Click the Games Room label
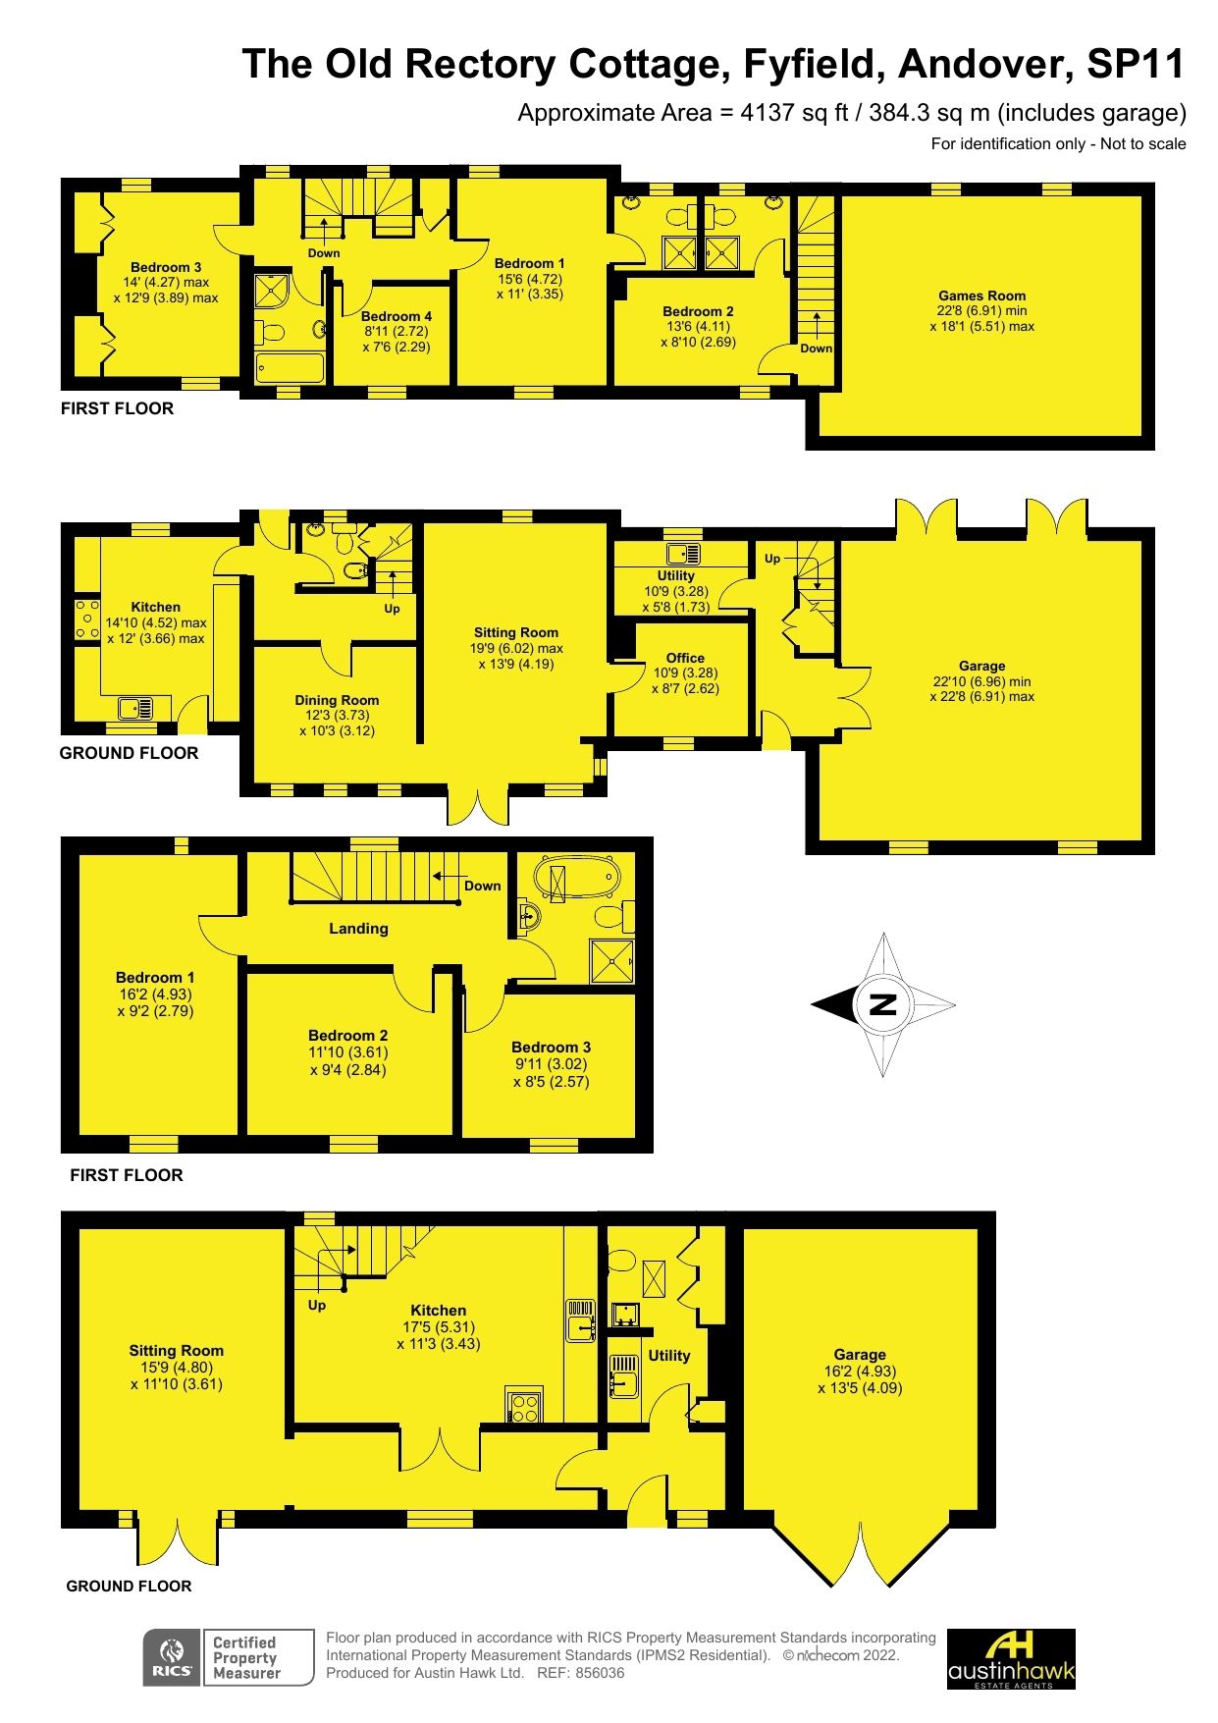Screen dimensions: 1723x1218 pos(981,296)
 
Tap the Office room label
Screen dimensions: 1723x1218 pos(685,658)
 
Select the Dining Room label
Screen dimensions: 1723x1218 pos(337,700)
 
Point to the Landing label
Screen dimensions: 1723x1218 pos(358,928)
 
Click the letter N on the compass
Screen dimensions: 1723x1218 pos(883,1004)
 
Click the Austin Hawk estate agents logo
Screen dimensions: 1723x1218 pos(1011,1658)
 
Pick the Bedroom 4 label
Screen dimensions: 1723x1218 pos(396,316)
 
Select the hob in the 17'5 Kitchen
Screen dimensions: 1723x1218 pos(523,1407)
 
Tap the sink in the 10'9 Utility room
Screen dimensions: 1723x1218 pos(681,553)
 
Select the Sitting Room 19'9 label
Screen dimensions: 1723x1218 pos(515,633)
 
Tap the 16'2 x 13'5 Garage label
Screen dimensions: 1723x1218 pos(860,1354)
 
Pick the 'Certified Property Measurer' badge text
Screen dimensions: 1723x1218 pos(245,1657)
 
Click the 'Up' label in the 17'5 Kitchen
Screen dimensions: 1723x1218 pos(317,1305)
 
